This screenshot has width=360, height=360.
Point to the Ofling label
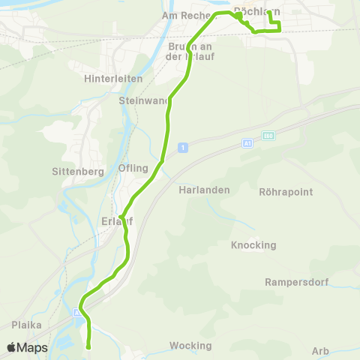pyautogui.click(x=133, y=168)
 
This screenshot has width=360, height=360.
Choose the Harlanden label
pyautogui.click(x=204, y=190)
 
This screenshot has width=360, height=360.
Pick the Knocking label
pyautogui.click(x=253, y=245)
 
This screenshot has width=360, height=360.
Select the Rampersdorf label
pyautogui.click(x=293, y=283)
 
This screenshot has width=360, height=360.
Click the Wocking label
pyautogui.click(x=190, y=346)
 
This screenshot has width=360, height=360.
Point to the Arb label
pyautogui.click(x=320, y=351)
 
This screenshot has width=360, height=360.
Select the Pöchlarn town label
pyautogui.click(x=256, y=11)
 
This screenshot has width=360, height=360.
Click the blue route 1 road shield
pyautogui.click(x=182, y=148)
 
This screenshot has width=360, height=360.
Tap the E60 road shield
pyautogui.click(x=268, y=136)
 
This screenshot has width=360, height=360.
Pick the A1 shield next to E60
pyautogui.click(x=247, y=142)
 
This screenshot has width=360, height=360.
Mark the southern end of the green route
pyautogui.click(x=88, y=346)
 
